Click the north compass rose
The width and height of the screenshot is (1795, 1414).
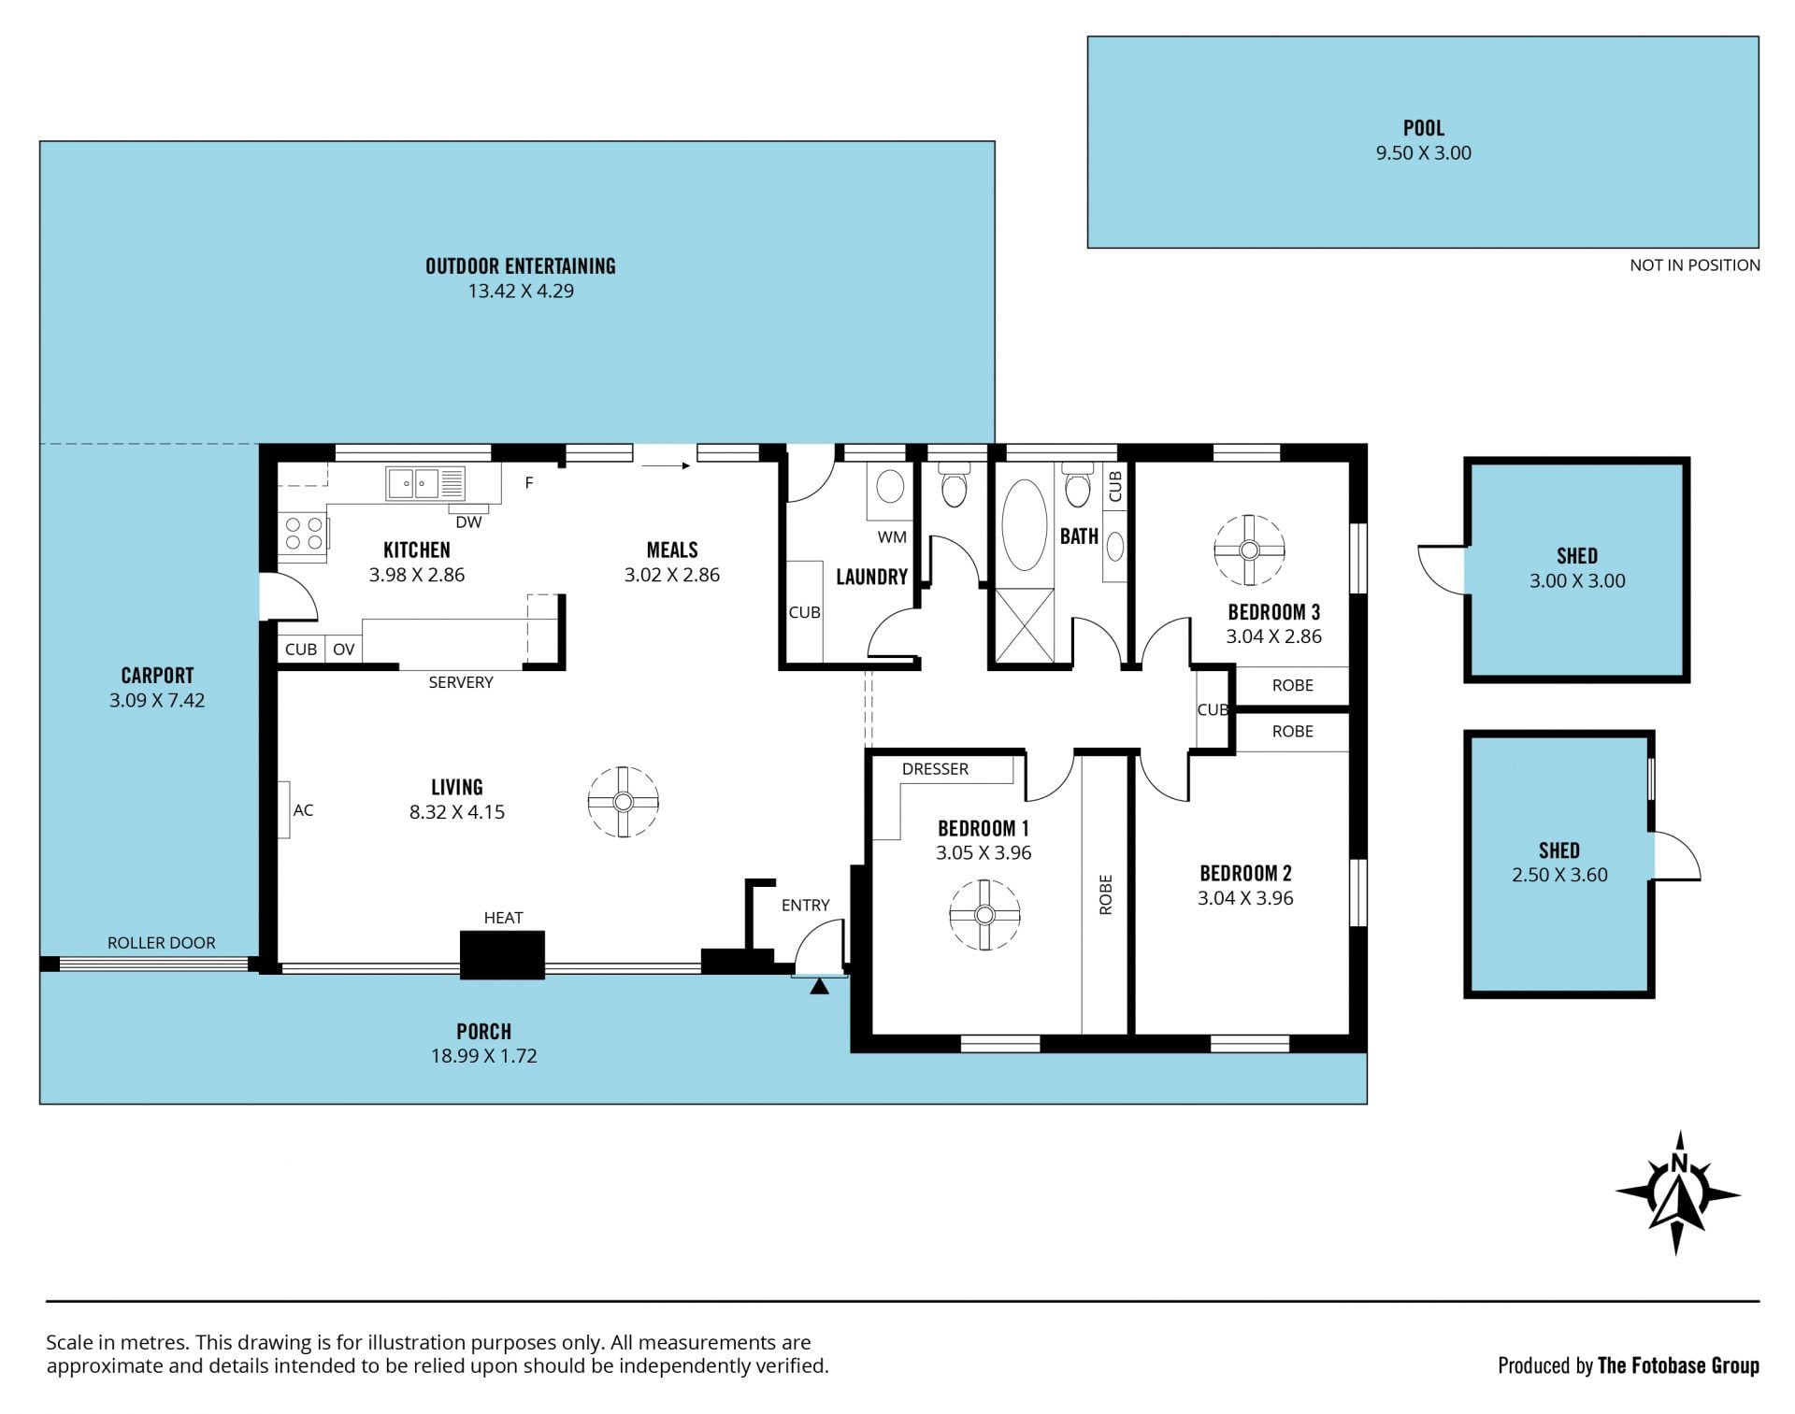[x=1678, y=1193]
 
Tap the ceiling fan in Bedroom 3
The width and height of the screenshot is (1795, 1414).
[x=1249, y=550]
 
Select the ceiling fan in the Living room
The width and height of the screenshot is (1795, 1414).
[x=624, y=802]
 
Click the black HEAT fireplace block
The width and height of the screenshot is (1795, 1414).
[x=502, y=955]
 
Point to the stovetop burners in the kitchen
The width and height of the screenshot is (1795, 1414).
[x=303, y=534]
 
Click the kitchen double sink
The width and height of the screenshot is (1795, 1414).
[x=424, y=483]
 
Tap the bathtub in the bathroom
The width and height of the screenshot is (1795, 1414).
[x=1025, y=525]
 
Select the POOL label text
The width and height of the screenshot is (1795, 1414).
[x=1423, y=128]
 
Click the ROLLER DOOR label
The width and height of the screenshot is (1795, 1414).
[x=161, y=943]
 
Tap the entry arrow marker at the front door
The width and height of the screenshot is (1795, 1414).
[x=819, y=986]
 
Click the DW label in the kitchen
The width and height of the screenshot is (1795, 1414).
[x=468, y=522]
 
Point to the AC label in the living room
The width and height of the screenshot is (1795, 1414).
[x=303, y=810]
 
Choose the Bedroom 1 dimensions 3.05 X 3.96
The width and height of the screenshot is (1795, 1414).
[x=984, y=852]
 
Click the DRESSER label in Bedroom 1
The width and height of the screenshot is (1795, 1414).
[x=935, y=769]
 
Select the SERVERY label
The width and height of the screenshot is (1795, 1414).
[x=461, y=682]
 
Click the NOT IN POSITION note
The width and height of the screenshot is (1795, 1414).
[x=1695, y=265]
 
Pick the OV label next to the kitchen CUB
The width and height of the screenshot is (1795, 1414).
[x=343, y=650]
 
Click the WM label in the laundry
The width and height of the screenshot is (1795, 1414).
[x=892, y=537]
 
